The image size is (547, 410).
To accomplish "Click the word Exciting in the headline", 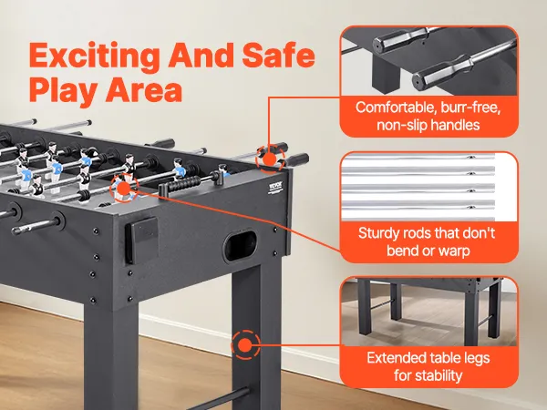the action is coord(94,56).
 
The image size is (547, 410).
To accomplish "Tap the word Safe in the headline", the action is coord(279,55).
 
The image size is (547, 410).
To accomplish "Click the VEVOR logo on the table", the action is coord(275,187).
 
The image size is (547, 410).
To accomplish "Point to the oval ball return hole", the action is coord(240,246).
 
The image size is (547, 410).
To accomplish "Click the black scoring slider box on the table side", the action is coord(141,240).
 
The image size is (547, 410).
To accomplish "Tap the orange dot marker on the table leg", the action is coord(245,345).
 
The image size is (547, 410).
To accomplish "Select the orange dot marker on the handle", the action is coord(270,159).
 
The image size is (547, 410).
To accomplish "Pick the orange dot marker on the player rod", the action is coord(124,188).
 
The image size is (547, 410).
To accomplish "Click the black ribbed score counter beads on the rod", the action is coord(184,183).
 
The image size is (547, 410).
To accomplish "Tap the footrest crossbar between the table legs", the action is coord(222,398).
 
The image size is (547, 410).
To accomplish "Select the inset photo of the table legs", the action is coord(428,312).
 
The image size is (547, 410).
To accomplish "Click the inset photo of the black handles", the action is coord(428,61).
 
